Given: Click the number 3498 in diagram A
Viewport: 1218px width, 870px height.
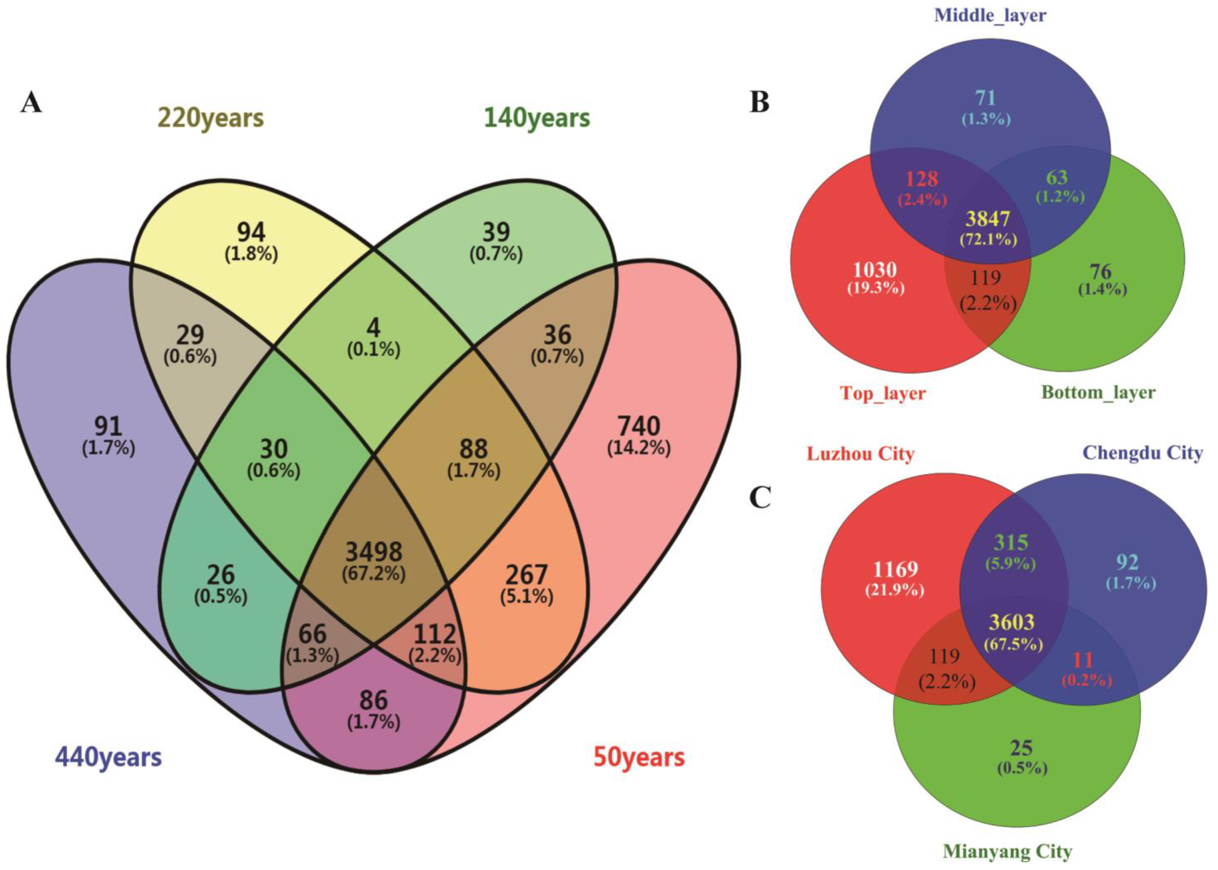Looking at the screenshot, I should click(374, 551).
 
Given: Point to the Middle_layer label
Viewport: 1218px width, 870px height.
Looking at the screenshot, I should click(990, 15).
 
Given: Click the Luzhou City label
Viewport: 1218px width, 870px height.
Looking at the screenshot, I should click(860, 454).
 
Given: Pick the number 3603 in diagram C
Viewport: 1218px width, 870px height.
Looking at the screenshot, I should click(1011, 622).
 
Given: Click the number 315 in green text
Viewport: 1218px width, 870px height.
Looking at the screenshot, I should click(1011, 543).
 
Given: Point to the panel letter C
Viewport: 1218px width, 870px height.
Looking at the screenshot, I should click(760, 498).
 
